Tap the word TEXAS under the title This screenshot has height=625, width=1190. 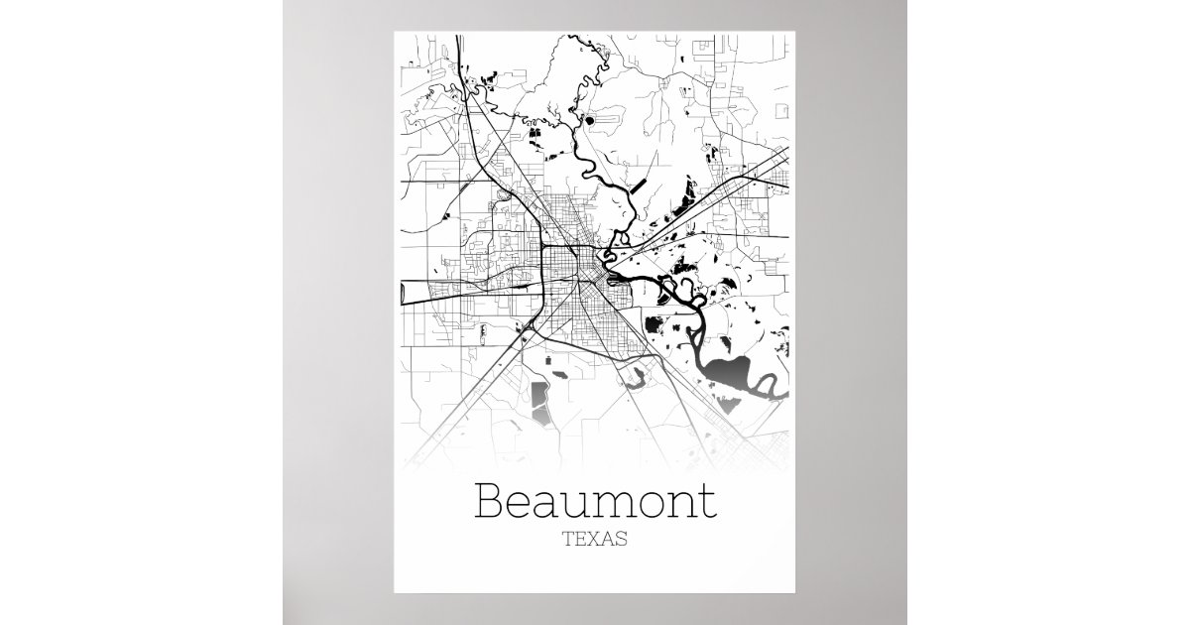(x=595, y=541)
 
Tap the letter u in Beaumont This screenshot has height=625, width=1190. (x=578, y=505)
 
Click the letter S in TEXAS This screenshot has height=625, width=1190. (x=622, y=541)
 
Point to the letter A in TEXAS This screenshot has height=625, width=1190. (x=608, y=541)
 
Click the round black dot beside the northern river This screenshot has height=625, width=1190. (x=591, y=121)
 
